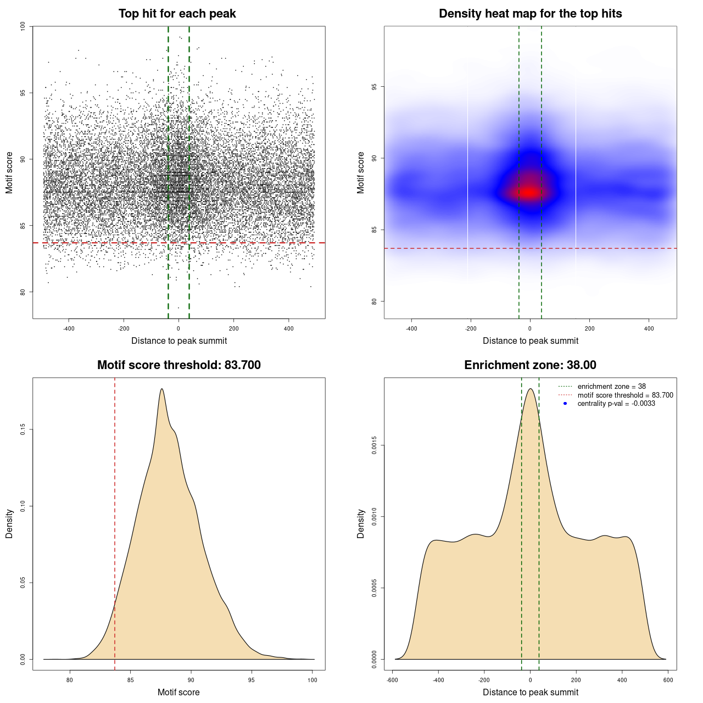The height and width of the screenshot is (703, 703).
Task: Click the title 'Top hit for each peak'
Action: [x=177, y=14]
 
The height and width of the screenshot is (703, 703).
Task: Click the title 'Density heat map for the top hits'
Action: [x=530, y=14]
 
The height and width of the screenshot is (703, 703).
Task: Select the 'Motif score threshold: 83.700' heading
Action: [x=178, y=365]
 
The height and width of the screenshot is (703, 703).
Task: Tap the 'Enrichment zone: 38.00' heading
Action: [x=530, y=365]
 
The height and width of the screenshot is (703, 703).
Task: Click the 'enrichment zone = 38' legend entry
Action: [x=611, y=387]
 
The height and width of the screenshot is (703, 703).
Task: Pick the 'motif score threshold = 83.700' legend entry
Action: [x=625, y=395]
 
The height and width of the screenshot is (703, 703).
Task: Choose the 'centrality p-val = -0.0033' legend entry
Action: [x=616, y=404]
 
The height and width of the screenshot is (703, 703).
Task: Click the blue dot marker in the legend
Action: [x=565, y=404]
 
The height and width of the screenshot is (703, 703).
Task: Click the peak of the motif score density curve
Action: [x=162, y=389]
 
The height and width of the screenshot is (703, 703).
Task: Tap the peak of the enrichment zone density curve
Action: [x=530, y=389]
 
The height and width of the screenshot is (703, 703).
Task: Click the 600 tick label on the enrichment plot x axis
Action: [x=668, y=680]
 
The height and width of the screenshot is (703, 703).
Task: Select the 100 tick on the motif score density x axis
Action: [x=313, y=680]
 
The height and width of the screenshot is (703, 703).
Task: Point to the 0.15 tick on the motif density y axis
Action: [x=23, y=429]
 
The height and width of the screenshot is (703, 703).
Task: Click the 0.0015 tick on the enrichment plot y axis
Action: [x=374, y=445]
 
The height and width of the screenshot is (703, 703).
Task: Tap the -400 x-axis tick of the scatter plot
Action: [x=69, y=328]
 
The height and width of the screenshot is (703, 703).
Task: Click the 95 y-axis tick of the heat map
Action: [x=374, y=87]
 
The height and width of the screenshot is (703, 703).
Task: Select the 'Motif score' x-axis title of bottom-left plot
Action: [x=178, y=692]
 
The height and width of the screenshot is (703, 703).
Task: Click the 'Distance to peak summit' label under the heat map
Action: [x=530, y=341]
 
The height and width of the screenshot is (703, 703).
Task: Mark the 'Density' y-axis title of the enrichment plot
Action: [x=361, y=523]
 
